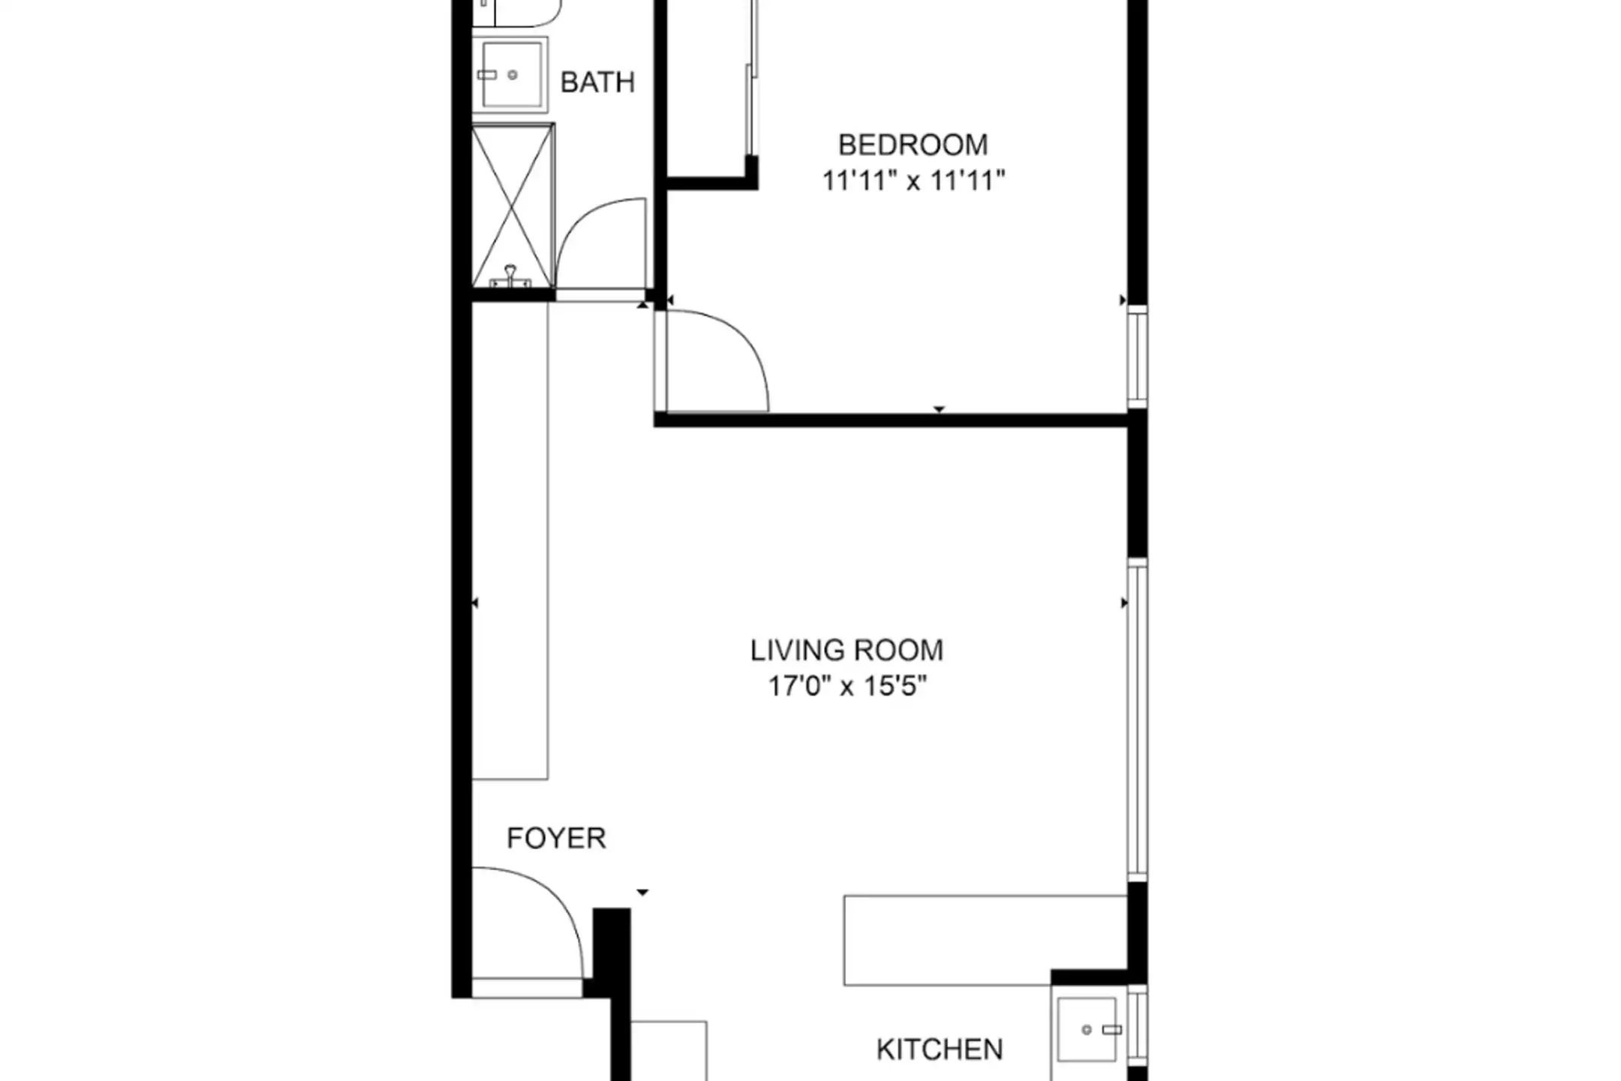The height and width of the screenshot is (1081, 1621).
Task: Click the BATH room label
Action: [597, 82]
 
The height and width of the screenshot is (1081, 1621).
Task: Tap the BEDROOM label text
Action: [913, 144]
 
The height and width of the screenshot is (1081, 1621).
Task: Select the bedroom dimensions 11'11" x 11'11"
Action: [913, 181]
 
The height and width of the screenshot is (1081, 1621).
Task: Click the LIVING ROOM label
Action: [847, 650]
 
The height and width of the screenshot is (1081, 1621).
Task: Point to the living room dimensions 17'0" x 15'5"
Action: [847, 686]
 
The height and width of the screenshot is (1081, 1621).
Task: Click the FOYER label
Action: [556, 838]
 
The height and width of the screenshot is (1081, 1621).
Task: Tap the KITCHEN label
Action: [940, 1049]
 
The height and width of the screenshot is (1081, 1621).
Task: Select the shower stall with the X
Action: [513, 206]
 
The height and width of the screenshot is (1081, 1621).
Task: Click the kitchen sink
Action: [1089, 1029]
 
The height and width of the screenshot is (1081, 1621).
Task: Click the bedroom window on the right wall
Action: [1138, 357]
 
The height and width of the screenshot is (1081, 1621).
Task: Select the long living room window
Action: [1138, 721]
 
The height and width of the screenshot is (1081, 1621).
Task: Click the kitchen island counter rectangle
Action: [985, 940]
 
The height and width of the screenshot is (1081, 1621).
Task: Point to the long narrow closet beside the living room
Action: [510, 540]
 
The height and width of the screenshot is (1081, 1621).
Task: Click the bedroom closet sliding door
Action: [752, 79]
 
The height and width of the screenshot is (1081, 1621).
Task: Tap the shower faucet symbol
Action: [510, 277]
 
